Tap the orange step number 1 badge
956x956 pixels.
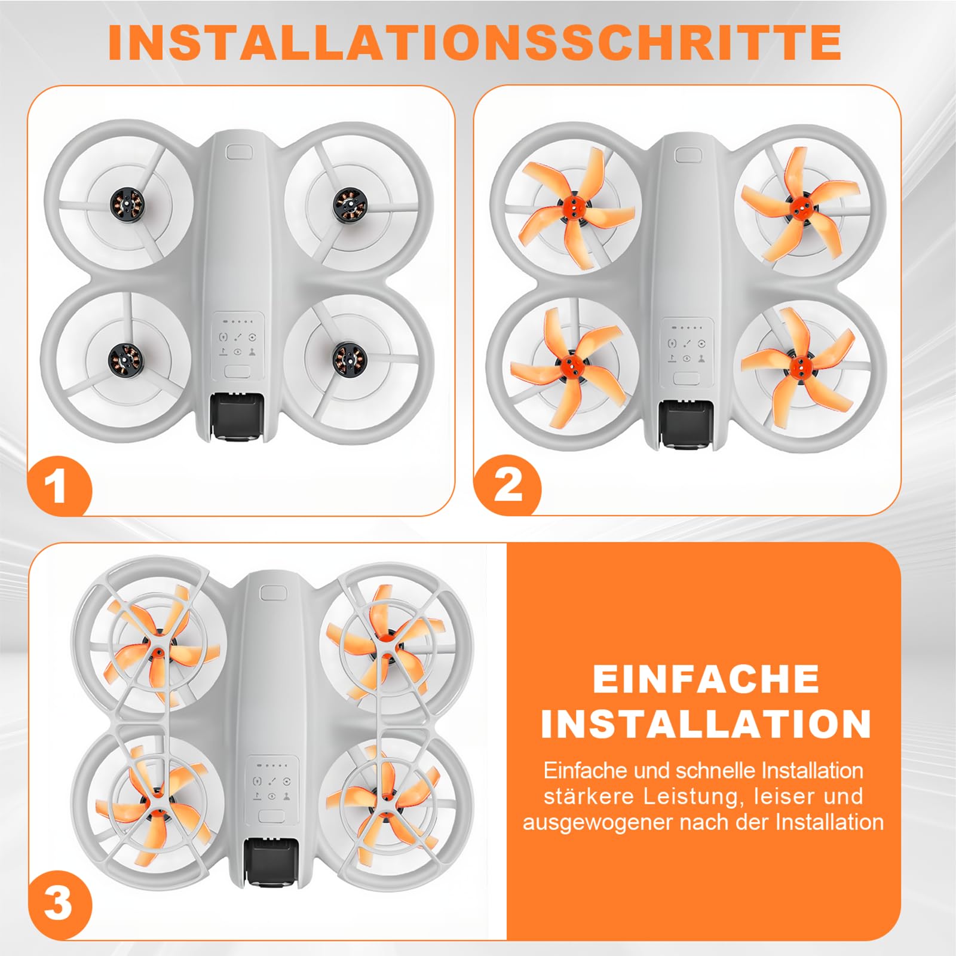click(59, 485)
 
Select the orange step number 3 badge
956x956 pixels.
click(59, 903)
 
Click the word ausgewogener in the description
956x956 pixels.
click(599, 823)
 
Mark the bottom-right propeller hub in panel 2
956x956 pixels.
click(797, 362)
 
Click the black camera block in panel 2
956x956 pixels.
click(685, 423)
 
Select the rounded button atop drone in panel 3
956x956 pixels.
click(274, 593)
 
